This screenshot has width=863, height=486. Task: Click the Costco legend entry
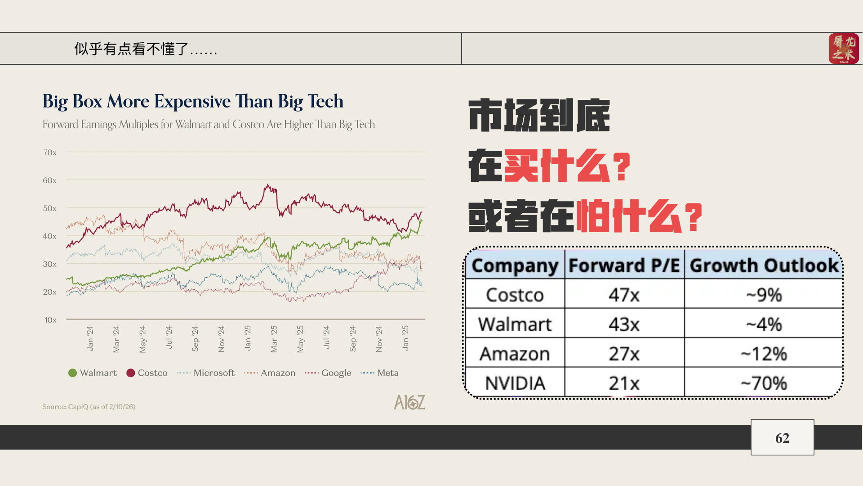tap(147, 373)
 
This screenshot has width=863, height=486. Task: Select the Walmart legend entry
tap(93, 373)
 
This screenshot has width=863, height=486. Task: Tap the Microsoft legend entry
tap(206, 373)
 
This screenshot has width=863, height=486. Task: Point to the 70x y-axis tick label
tap(50, 153)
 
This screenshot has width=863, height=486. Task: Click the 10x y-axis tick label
tap(50, 320)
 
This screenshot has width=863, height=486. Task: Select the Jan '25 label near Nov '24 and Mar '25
tap(248, 338)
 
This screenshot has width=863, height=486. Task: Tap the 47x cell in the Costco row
tap(624, 295)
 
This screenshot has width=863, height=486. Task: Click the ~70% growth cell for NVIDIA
tap(764, 383)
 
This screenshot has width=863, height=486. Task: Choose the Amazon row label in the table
tap(515, 354)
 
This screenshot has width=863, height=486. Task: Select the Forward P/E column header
tap(624, 265)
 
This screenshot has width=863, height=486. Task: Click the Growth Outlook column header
tap(764, 265)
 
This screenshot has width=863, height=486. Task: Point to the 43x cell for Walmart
tap(624, 324)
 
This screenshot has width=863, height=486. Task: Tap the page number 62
tap(782, 438)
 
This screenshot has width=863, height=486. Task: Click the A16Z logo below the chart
tap(409, 402)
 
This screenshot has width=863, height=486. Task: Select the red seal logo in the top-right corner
tap(843, 49)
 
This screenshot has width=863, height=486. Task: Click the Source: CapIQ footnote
tap(89, 407)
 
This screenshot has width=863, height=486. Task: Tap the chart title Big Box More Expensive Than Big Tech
tap(193, 101)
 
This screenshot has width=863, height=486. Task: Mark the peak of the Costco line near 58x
tap(268, 184)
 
